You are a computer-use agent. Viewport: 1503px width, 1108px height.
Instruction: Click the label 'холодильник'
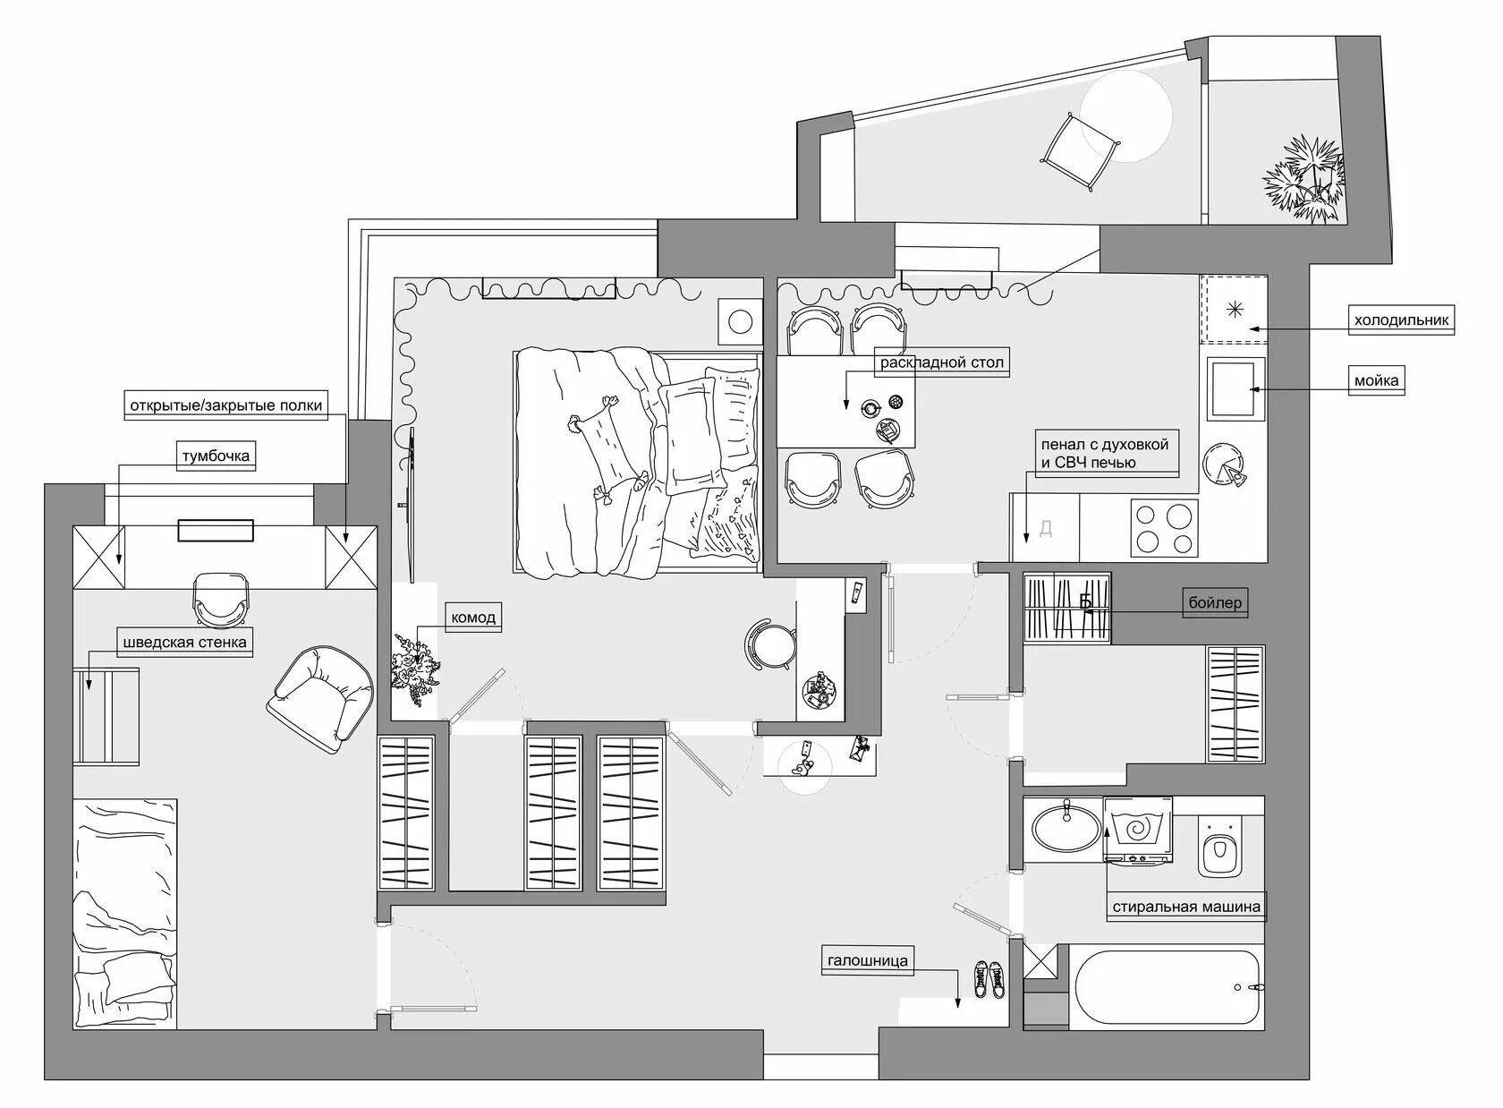(x=1402, y=320)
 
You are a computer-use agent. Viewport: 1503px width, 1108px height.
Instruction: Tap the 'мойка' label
(x=1376, y=381)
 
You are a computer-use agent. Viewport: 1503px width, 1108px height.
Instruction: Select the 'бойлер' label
(x=1215, y=602)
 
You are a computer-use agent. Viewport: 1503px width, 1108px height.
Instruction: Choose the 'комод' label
(x=473, y=618)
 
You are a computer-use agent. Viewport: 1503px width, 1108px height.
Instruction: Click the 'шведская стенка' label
(x=184, y=643)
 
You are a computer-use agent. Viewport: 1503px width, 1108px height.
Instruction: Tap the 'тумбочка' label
(x=216, y=456)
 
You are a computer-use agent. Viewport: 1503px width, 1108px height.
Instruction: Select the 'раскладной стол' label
(x=942, y=363)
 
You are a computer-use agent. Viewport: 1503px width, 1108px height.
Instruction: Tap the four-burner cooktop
(x=1164, y=528)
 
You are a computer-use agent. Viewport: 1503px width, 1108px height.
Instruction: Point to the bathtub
(x=1167, y=987)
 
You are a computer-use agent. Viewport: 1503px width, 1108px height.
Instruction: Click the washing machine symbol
(x=1138, y=830)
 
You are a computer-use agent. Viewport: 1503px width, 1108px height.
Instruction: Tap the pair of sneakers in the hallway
(x=989, y=979)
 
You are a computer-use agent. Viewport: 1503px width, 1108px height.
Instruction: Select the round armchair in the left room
(x=320, y=699)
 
